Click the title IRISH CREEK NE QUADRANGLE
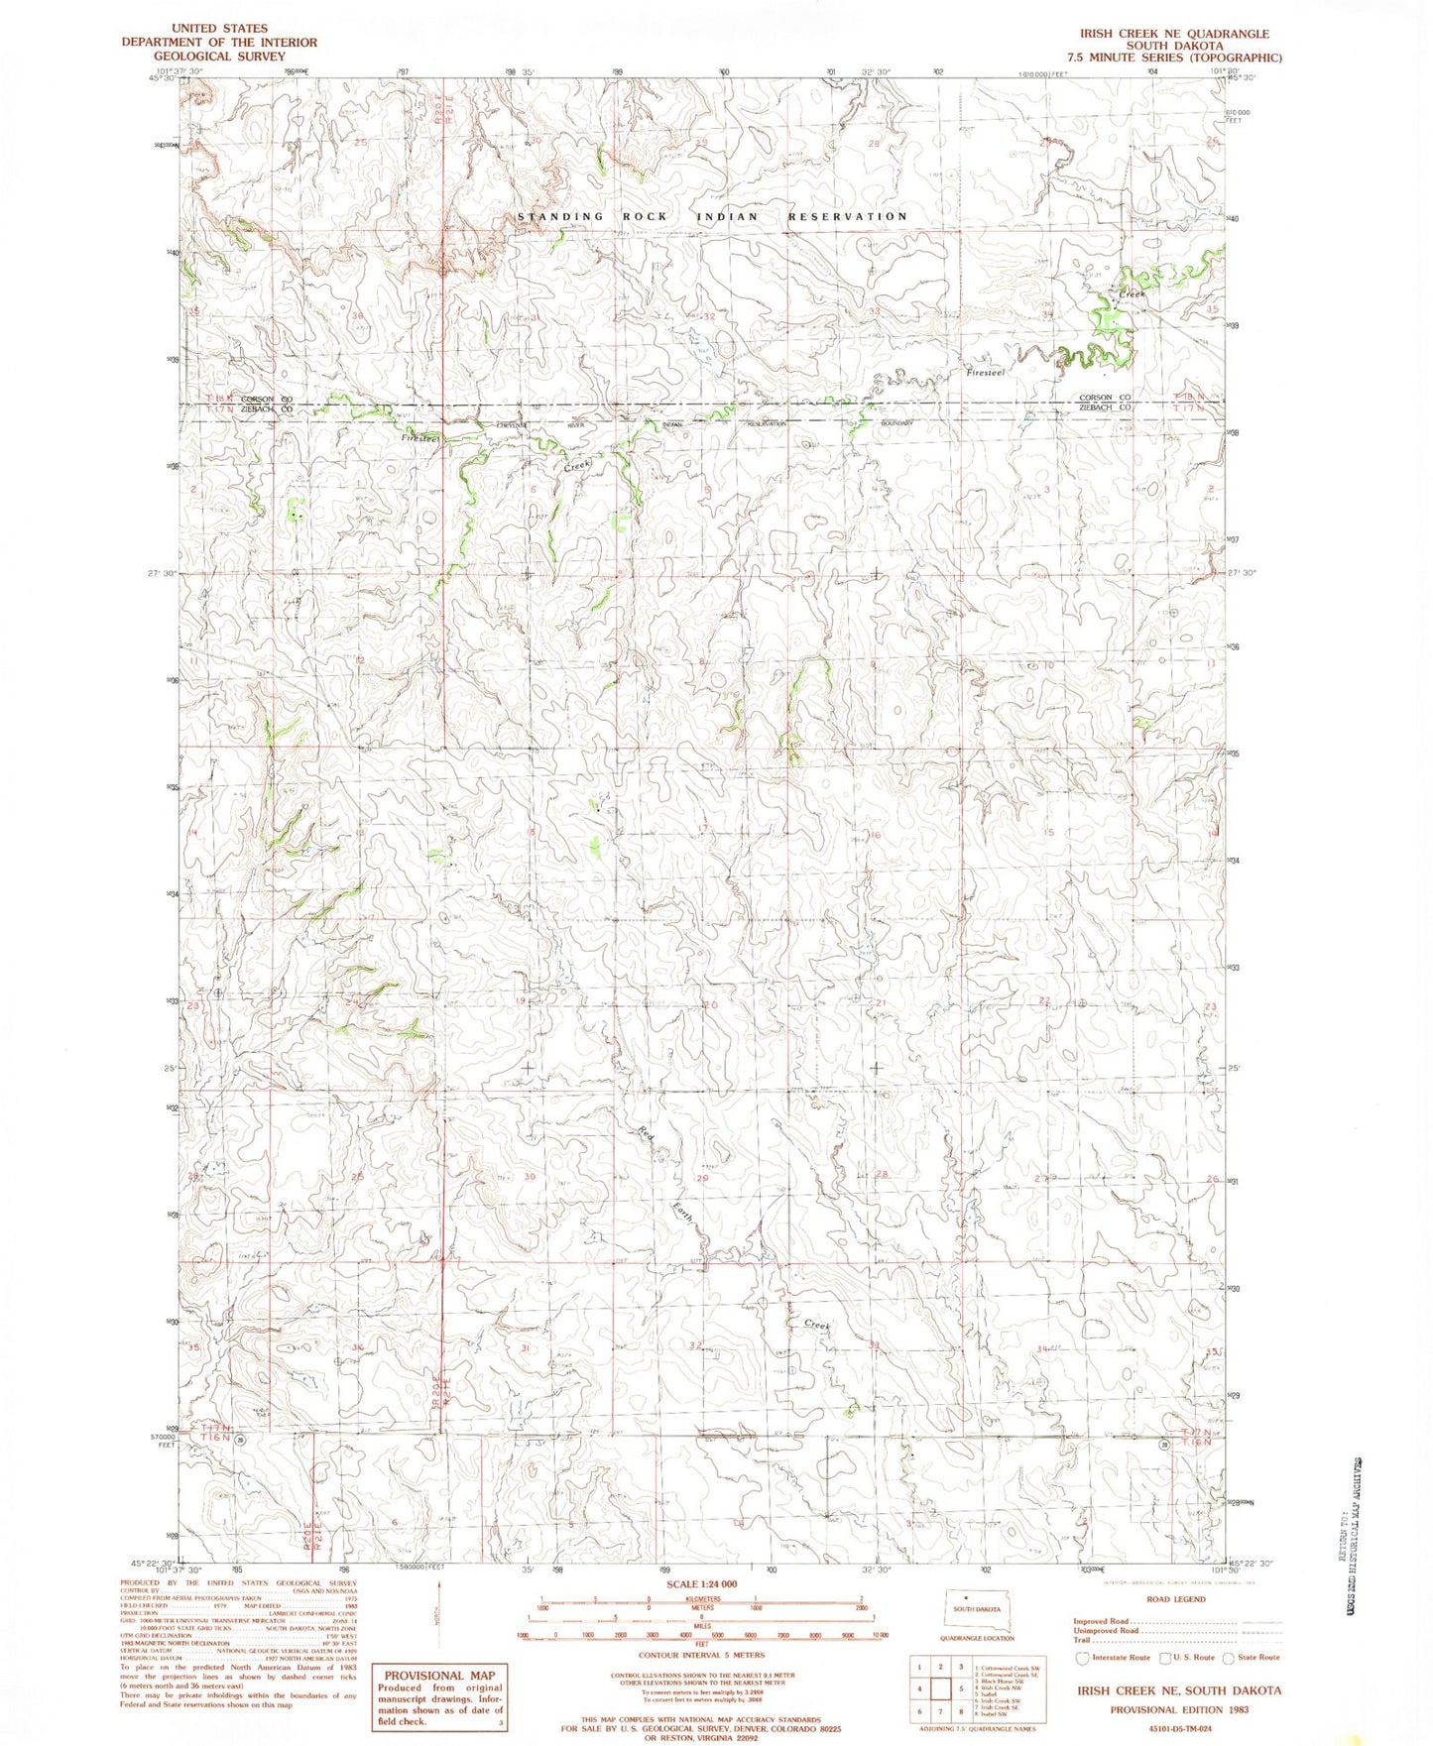coord(1174,34)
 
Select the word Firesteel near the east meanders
coord(986,373)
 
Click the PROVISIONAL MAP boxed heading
coord(439,1675)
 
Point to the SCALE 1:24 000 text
coord(702,1611)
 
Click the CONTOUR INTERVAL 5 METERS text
coord(702,1655)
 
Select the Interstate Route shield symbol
coord(1082,1658)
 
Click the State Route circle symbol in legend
coord(1229,1658)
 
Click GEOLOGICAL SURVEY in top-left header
coord(219,56)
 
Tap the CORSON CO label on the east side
coord(1105,398)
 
